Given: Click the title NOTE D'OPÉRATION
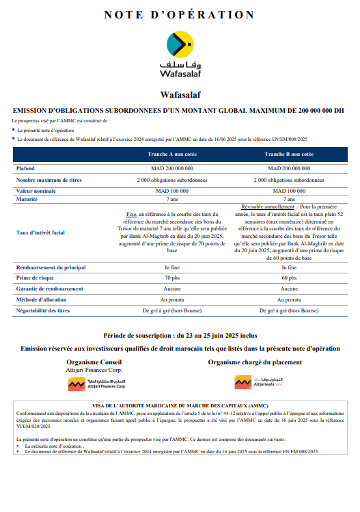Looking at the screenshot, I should [180, 14].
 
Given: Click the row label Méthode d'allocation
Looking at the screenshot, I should [44, 299].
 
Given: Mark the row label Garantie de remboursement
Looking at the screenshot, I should [50, 289].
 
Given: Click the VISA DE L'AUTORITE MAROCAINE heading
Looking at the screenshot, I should [180, 405].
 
